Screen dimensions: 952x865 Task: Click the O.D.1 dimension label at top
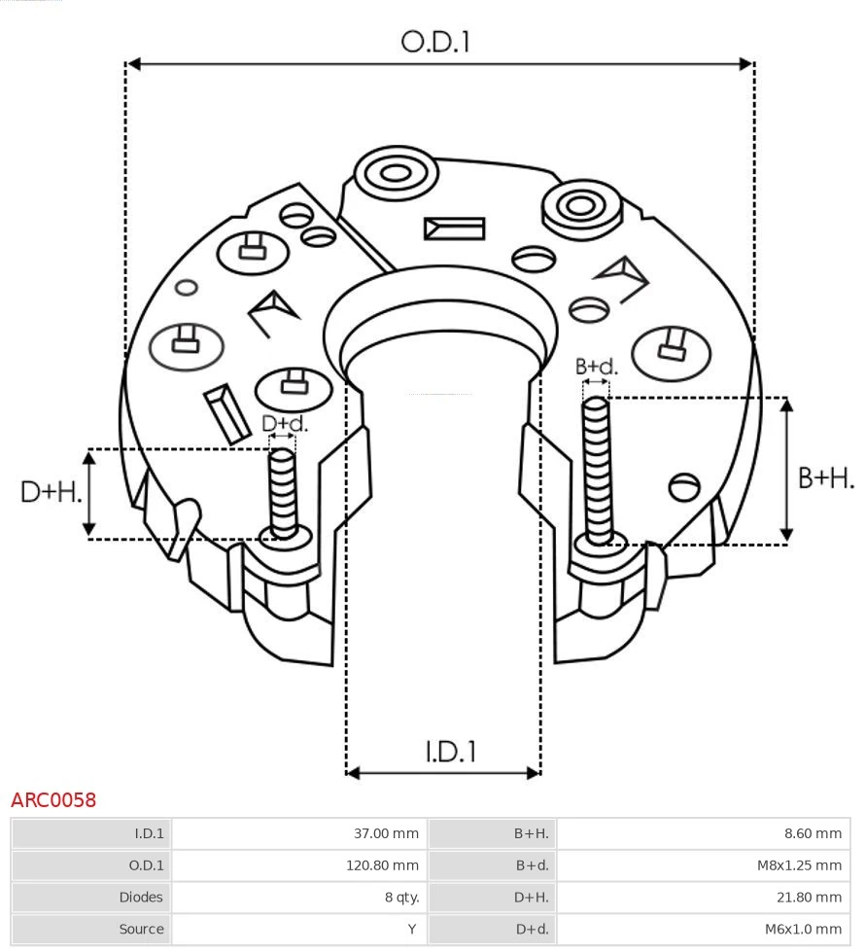435,42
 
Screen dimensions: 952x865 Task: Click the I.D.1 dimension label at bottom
450,752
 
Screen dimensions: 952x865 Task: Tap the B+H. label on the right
825,478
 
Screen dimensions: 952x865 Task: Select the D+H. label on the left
51,492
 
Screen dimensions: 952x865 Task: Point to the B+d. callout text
596,367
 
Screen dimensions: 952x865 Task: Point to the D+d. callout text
285,424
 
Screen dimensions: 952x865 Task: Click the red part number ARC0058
53,800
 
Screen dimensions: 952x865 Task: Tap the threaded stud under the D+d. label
283,491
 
